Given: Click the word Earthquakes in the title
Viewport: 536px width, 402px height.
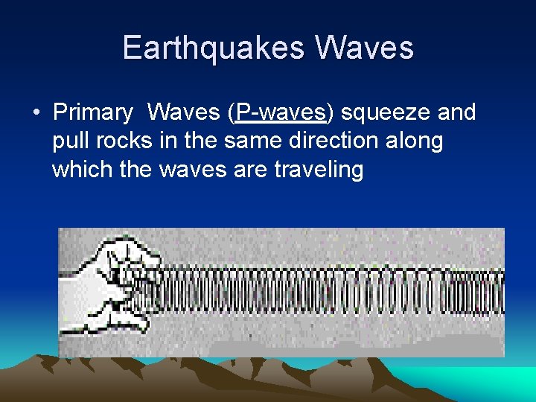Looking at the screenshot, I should [x=212, y=48].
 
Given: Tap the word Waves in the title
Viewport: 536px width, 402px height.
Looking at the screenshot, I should [x=365, y=48].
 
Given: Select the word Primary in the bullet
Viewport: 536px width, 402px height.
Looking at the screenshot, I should [x=92, y=112].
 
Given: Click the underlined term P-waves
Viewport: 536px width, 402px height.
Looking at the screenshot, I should [x=281, y=112].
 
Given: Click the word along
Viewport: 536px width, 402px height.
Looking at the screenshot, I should [x=417, y=141].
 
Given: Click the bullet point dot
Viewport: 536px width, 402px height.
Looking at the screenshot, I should [x=35, y=113].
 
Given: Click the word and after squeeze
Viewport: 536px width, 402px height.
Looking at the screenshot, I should [x=456, y=112].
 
